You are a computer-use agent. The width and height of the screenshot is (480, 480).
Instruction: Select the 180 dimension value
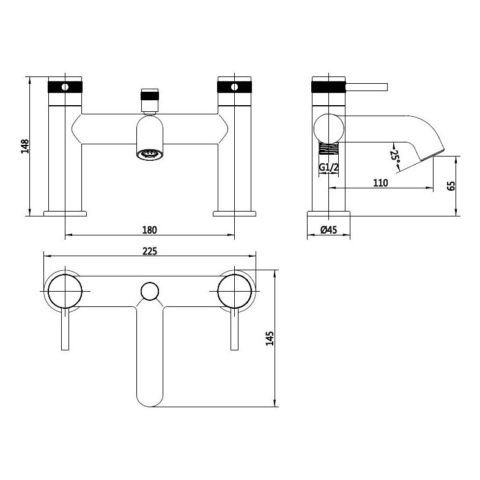click(150, 230)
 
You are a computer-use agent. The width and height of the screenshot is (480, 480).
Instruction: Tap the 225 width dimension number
click(150, 251)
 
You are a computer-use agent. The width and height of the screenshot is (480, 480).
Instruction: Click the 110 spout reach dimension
click(380, 183)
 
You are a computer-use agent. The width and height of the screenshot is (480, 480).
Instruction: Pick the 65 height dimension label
click(451, 186)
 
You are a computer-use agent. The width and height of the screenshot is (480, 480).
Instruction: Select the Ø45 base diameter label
click(329, 231)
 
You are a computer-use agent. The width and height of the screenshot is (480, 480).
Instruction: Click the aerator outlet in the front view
click(150, 154)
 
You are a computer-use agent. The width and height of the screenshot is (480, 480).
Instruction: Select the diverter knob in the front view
click(150, 96)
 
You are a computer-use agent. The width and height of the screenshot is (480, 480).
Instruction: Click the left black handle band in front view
click(65, 86)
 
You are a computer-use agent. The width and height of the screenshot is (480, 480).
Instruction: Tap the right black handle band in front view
click(235, 86)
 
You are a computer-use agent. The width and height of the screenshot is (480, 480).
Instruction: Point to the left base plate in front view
click(65, 213)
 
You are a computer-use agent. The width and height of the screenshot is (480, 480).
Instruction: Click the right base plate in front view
click(235, 213)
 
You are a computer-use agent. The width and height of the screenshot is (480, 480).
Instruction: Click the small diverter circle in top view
click(150, 291)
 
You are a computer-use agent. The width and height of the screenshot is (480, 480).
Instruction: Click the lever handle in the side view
click(367, 86)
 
